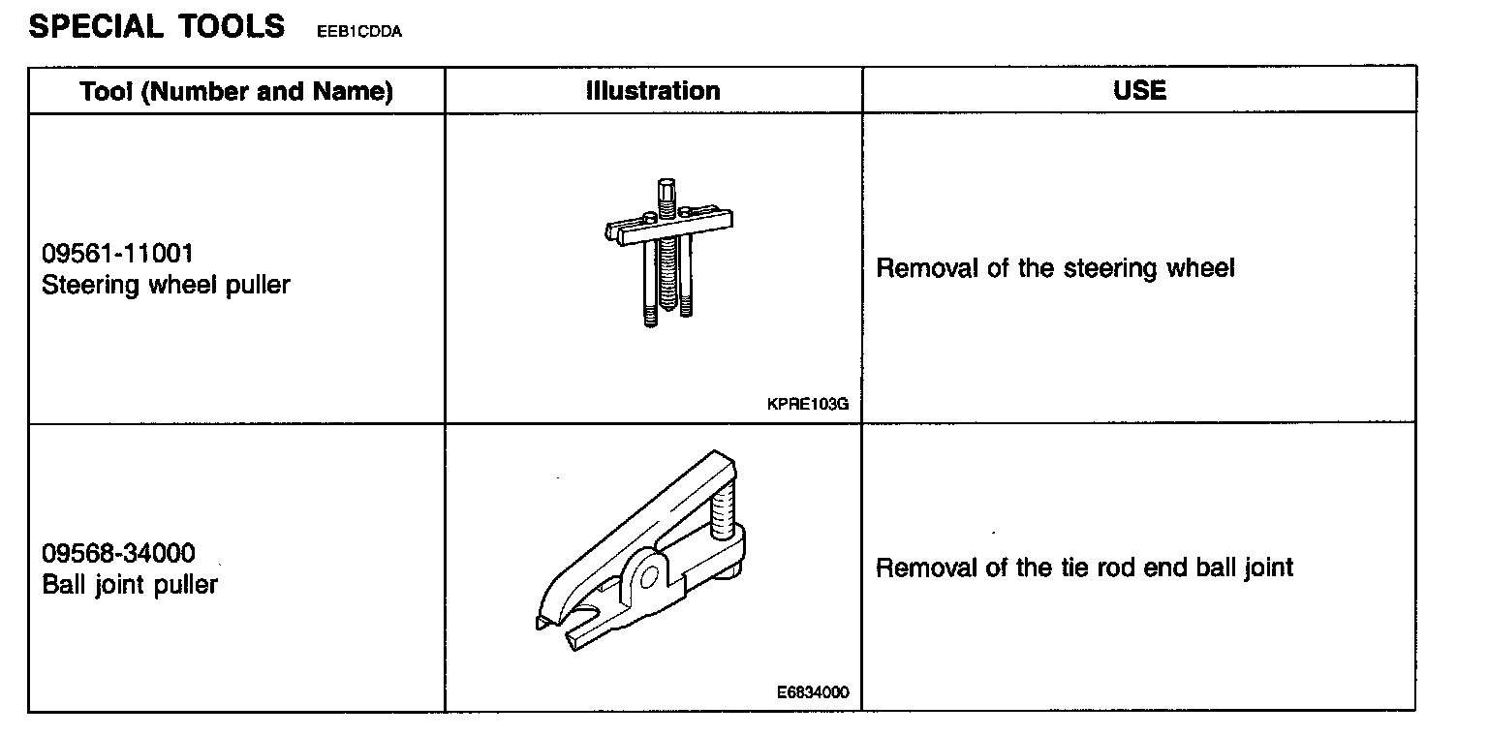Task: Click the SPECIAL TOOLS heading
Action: [156, 26]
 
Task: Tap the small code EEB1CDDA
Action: [358, 32]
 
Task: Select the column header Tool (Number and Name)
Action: [236, 91]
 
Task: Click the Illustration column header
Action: [653, 91]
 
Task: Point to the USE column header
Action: [1139, 90]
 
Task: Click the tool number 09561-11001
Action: [117, 254]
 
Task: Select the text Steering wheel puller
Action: [166, 285]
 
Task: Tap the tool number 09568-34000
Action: [118, 553]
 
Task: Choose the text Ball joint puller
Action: [130, 585]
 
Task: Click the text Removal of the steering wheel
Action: [1055, 268]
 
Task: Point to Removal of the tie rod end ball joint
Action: [1084, 567]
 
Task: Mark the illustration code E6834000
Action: [812, 692]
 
